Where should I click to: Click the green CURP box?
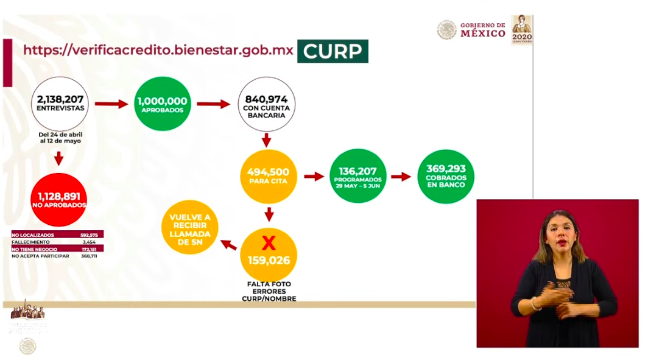(x=333, y=51)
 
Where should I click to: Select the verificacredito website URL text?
(x=158, y=50)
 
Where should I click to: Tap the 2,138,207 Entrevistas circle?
(x=60, y=104)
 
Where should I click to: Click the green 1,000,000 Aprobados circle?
(x=163, y=104)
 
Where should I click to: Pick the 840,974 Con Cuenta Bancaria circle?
(x=266, y=104)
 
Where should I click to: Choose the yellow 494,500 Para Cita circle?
(x=269, y=176)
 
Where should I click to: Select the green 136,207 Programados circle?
(x=357, y=176)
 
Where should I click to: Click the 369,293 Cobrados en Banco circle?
(x=446, y=176)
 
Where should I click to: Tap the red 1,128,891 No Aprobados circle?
(x=58, y=200)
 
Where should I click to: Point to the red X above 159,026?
(x=269, y=243)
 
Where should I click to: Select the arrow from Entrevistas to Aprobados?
(x=111, y=104)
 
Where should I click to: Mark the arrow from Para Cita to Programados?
(x=313, y=177)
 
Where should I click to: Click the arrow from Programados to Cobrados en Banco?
(x=401, y=177)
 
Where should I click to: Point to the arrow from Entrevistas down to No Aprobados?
(x=59, y=159)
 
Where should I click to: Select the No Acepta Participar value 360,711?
(x=89, y=255)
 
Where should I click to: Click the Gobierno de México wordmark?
(x=482, y=29)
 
